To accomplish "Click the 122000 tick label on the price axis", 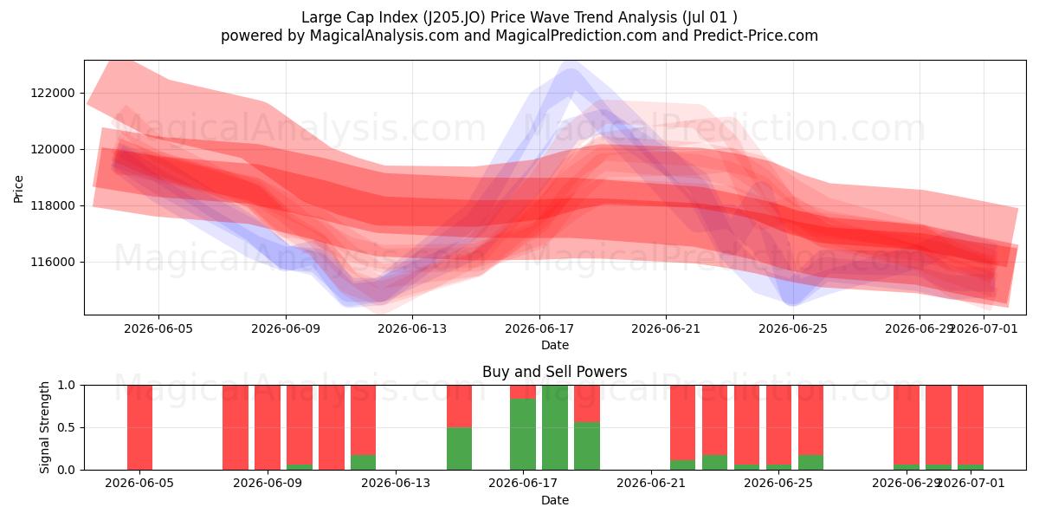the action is [x=53, y=93].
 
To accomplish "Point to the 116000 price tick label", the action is [x=53, y=262].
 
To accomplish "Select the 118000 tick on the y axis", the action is [x=53, y=205].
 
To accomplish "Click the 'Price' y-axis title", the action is [x=18, y=189].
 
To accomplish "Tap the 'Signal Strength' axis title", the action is [x=44, y=427].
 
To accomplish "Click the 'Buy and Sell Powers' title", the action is [x=555, y=372].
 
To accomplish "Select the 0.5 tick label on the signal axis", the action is [x=66, y=427].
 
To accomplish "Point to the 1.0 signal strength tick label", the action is [x=66, y=385].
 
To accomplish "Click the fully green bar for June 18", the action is [x=555, y=427].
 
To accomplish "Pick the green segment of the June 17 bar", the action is [x=523, y=434].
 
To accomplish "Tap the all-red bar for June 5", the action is [x=139, y=427].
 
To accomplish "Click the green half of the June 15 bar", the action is [x=459, y=449].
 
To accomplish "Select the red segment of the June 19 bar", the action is [x=587, y=404].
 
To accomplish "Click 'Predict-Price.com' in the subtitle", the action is [x=756, y=36].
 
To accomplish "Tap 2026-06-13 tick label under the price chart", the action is [x=412, y=328].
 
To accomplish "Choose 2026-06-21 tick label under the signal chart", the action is [x=651, y=483].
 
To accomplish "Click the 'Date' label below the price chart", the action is [x=555, y=345].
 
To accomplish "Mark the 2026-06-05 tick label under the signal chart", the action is [x=139, y=483].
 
